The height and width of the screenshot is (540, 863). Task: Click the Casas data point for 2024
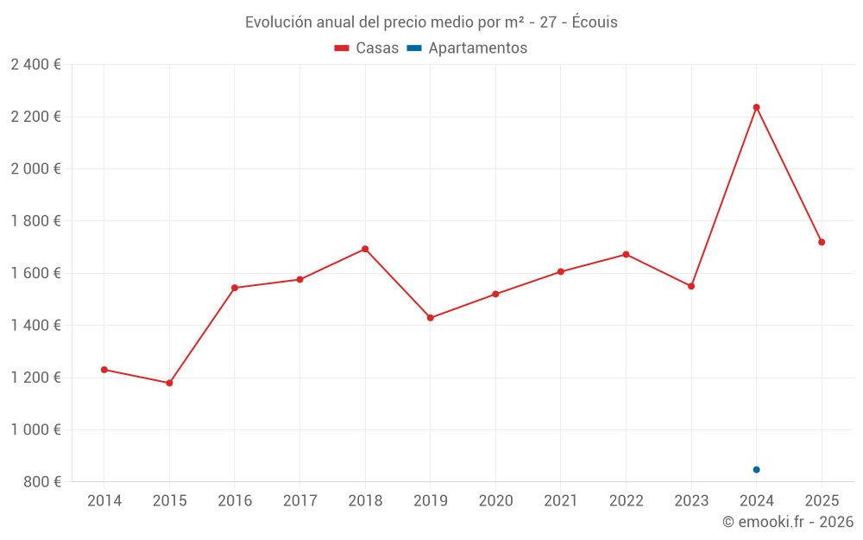coord(757,107)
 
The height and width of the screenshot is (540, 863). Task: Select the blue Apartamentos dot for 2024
coord(757,470)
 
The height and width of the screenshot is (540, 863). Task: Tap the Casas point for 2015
coord(169,383)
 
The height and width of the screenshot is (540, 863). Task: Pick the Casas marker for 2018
coord(365,249)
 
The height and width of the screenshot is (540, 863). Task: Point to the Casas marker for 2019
coord(431,318)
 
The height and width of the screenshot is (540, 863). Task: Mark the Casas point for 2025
coord(822,242)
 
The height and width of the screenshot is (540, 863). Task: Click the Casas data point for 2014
coord(104,370)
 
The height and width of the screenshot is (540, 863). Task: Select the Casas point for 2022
coord(626,254)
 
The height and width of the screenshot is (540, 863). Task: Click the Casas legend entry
coord(367,48)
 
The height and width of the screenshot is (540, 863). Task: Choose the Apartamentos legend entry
coord(467,48)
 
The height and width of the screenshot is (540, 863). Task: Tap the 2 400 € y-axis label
coord(35,65)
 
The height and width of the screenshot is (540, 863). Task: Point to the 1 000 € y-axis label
coord(35,429)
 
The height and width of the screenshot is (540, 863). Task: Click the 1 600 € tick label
coord(35,273)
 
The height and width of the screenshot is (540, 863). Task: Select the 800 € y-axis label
coord(41,482)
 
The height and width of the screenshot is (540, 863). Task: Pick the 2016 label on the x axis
coord(235,501)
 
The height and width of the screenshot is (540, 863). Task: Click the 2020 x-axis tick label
coord(495,501)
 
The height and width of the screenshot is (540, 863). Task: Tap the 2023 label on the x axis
coord(691,501)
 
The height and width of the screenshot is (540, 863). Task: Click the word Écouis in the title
coord(595,22)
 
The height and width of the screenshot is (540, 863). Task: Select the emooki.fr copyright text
coord(788,522)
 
